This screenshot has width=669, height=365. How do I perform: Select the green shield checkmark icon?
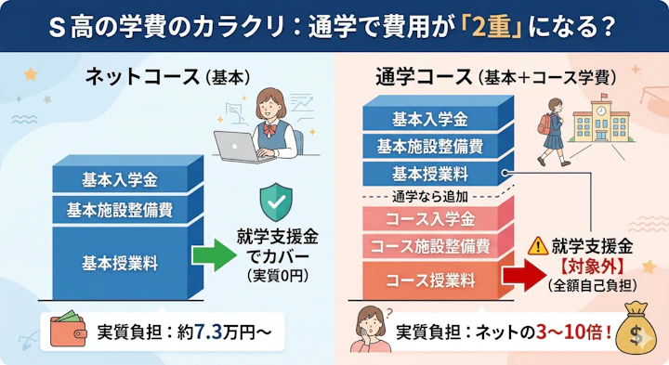coord(278,200)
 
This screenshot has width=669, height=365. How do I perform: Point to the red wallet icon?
coord(66,331)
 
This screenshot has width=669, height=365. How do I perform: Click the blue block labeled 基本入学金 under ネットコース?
coord(120,179)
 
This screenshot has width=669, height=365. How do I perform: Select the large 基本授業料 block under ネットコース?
coord(120,262)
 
